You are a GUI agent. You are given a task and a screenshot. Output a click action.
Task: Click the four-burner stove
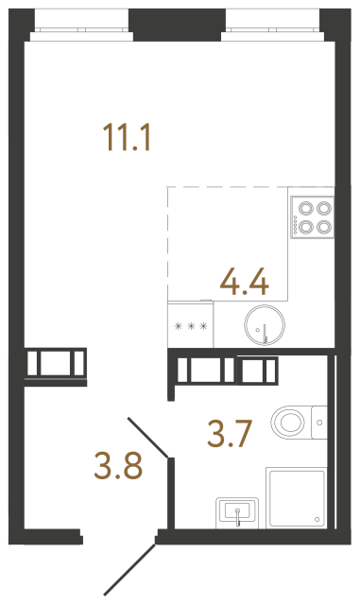coord(313,216)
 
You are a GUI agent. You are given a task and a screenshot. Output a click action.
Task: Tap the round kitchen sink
coord(261,327)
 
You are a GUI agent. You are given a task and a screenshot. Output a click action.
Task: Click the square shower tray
coord(299,497)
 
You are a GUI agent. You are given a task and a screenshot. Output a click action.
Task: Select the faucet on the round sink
coord(266,332)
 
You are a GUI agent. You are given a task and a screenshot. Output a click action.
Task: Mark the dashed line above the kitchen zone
coord(250,187)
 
